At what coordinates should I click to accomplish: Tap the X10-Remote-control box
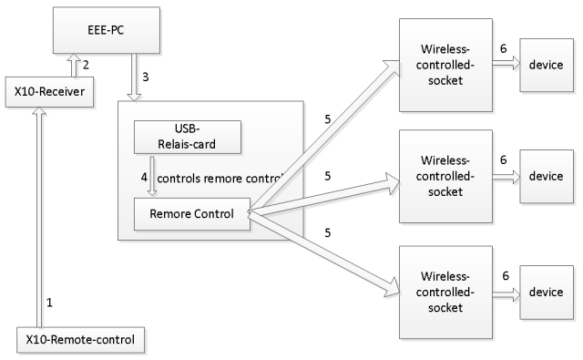(x=81, y=341)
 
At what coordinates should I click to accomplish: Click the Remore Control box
(x=190, y=215)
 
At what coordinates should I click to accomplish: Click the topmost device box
(x=547, y=65)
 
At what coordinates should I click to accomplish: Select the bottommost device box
(x=547, y=292)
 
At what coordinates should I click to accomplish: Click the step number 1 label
(x=50, y=300)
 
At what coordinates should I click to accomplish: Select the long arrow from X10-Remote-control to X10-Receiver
(x=37, y=219)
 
